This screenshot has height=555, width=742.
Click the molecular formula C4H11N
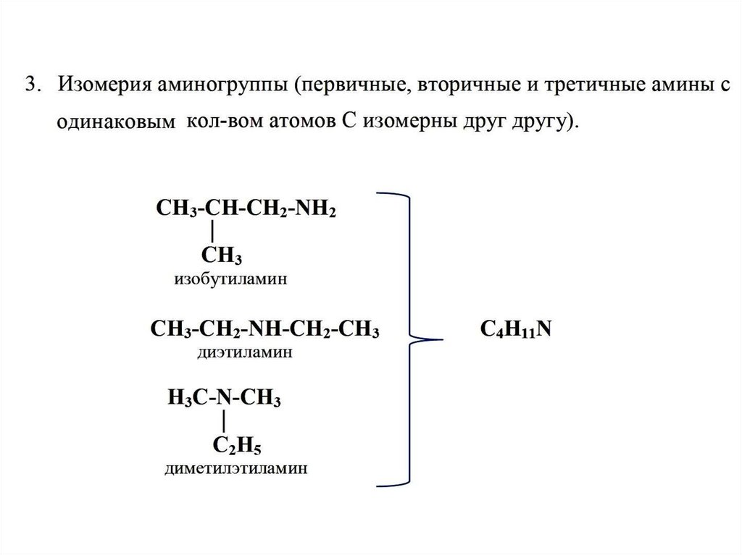[517, 329]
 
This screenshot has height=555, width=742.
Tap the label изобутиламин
[230, 279]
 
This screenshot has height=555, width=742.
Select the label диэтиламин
[244, 353]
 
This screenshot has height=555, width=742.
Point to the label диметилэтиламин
[235, 468]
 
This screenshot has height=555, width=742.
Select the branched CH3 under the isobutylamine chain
[221, 255]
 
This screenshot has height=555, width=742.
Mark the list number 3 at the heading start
[30, 85]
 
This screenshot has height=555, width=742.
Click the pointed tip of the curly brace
[438, 337]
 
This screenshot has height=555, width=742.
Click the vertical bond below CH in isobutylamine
[212, 232]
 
